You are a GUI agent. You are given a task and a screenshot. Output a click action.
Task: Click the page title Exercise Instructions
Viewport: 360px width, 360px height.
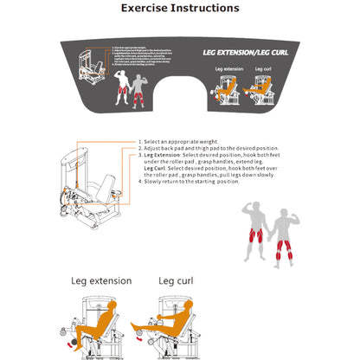click(180, 9)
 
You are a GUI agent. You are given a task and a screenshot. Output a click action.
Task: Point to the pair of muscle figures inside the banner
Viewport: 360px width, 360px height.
click(130, 83)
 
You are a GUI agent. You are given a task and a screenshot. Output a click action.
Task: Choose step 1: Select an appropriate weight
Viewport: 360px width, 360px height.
click(182, 141)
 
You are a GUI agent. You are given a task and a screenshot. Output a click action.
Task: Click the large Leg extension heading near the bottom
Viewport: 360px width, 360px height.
click(100, 280)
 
